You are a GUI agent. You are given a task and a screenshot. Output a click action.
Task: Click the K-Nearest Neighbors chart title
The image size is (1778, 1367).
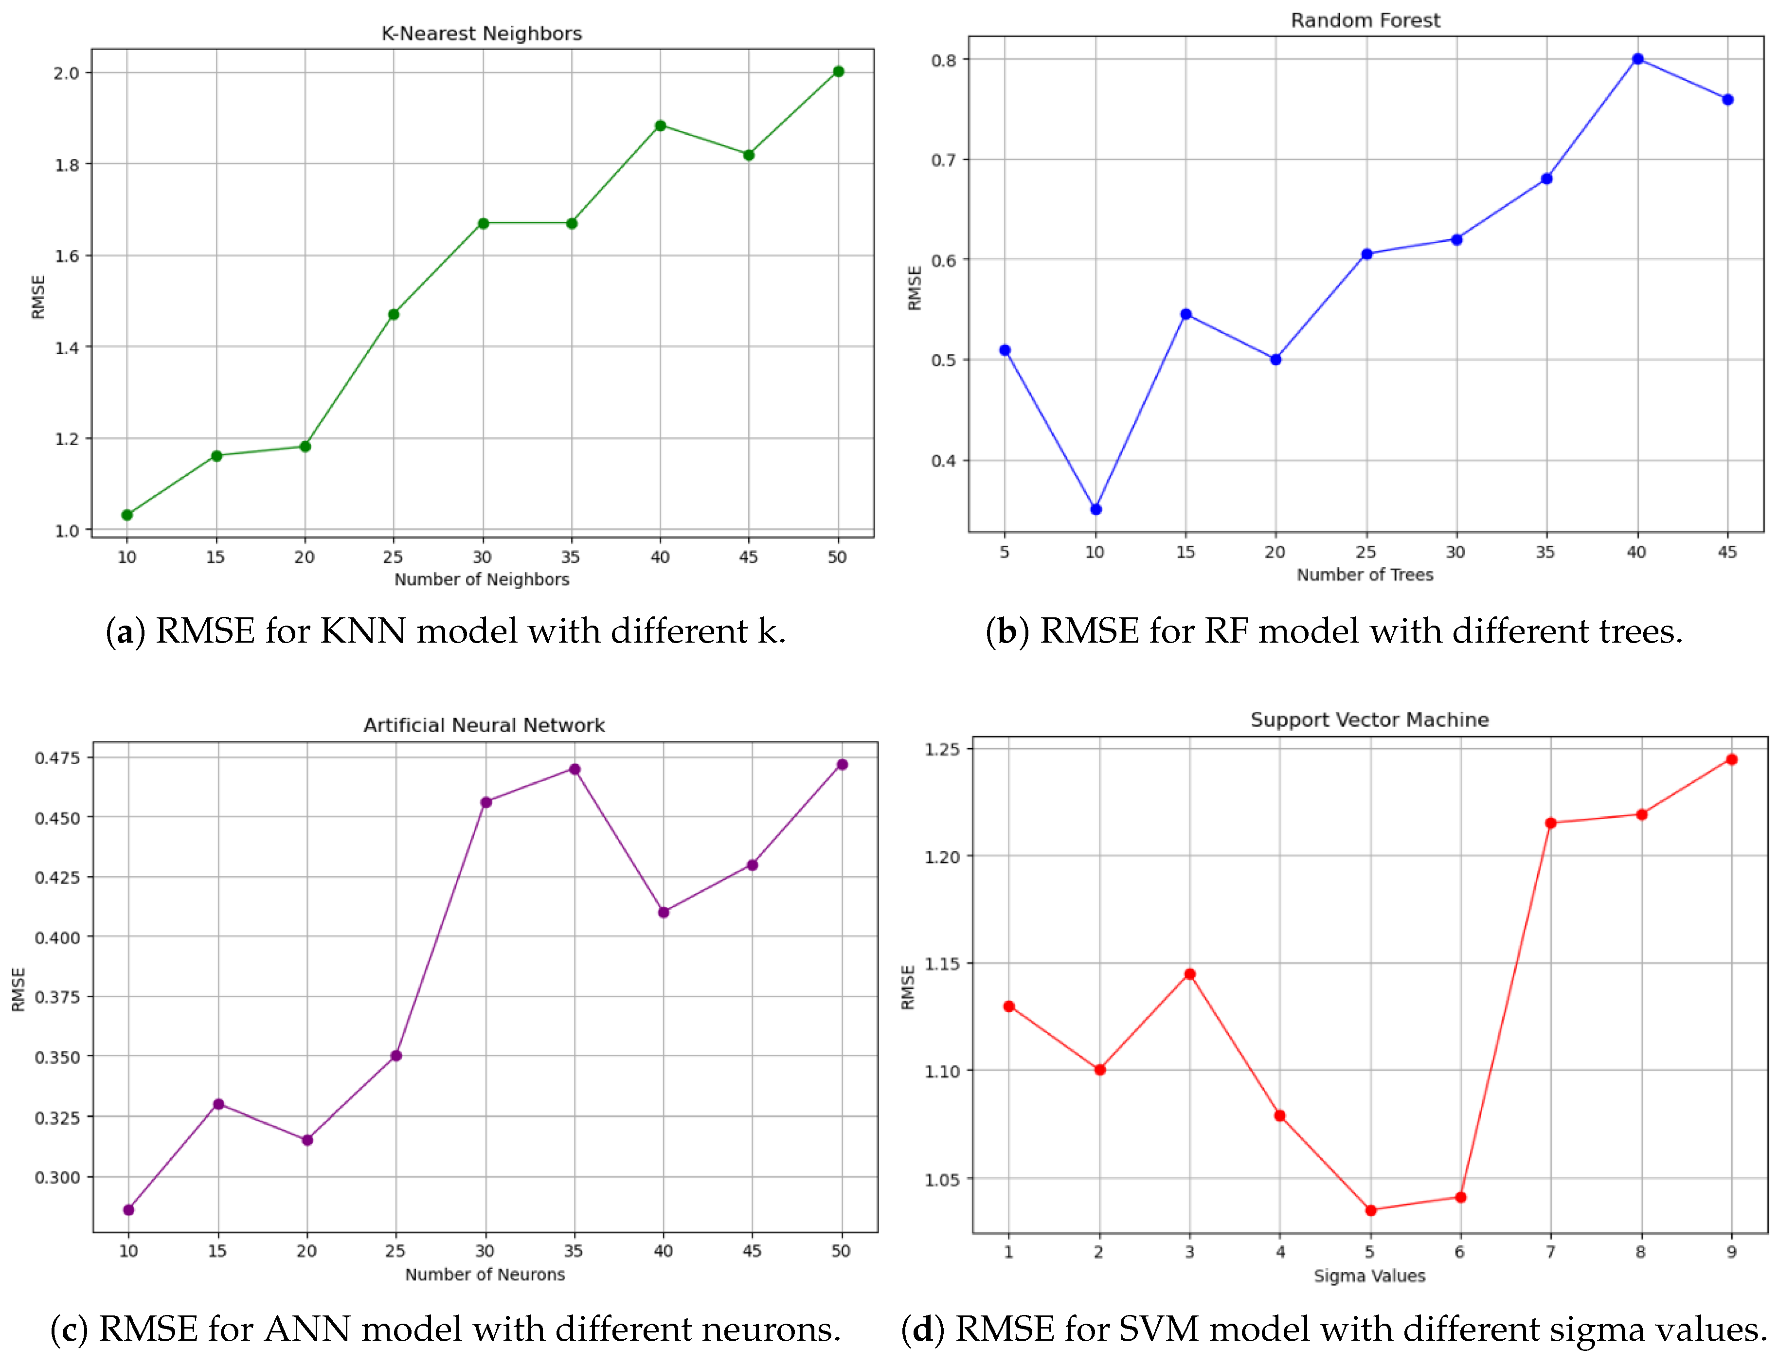pyautogui.click(x=481, y=34)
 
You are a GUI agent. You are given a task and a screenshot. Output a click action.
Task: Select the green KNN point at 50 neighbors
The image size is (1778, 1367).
pyautogui.click(x=838, y=72)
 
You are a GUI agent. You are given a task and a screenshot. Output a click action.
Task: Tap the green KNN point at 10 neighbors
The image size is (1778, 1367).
pyautogui.click(x=127, y=515)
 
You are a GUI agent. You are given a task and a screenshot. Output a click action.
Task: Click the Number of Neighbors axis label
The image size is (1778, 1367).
pyautogui.click(x=482, y=579)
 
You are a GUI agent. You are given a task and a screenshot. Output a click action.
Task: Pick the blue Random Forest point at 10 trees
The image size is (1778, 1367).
pyautogui.click(x=1096, y=509)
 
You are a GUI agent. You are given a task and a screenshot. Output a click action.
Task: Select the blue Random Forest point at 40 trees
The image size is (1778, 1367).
pyautogui.click(x=1638, y=58)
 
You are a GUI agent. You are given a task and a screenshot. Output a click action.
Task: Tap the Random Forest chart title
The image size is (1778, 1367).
pyautogui.click(x=1365, y=20)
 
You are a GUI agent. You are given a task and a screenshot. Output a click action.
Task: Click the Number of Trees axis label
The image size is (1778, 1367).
pyautogui.click(x=1365, y=575)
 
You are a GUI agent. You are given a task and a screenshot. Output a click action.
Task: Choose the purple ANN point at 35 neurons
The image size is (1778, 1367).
pyautogui.click(x=575, y=769)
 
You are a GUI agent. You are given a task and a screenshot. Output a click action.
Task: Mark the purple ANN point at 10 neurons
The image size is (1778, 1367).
pyautogui.click(x=128, y=1210)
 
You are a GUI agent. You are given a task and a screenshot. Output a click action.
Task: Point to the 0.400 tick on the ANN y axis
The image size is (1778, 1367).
pyautogui.click(x=57, y=937)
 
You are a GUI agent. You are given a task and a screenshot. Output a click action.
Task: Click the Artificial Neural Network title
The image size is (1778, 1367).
pyautogui.click(x=484, y=725)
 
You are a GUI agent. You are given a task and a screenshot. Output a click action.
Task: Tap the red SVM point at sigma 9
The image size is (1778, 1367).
pyautogui.click(x=1732, y=759)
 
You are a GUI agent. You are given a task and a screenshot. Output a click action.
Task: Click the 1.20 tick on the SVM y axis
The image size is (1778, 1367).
pyautogui.click(x=942, y=857)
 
